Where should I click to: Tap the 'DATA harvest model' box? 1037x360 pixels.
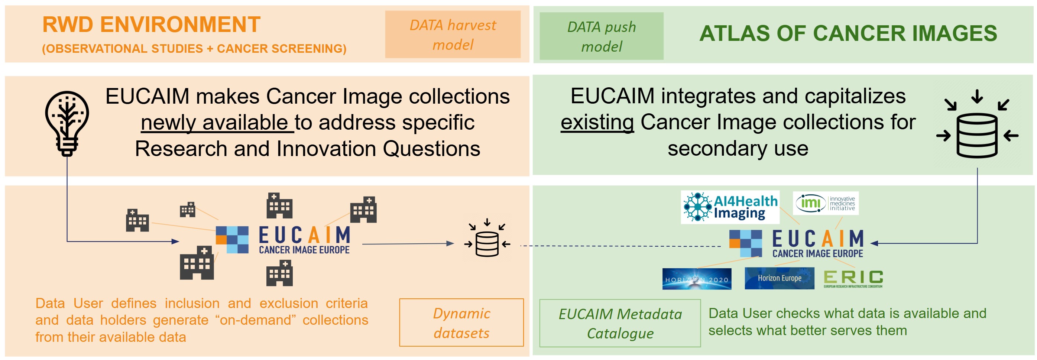coord(453,35)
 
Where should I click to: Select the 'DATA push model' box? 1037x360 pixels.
coord(601,36)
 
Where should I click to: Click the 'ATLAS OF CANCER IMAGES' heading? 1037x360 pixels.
coord(848,33)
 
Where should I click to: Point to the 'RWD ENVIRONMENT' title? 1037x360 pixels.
coord(151,25)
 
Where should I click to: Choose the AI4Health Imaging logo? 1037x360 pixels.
coord(730,207)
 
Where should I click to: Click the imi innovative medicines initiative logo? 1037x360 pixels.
coord(825,203)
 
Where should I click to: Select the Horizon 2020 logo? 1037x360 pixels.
coord(696,279)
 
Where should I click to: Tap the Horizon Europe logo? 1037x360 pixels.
coord(779,278)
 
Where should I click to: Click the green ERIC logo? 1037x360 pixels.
coord(853,278)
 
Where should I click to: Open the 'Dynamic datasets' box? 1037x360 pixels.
coord(461,322)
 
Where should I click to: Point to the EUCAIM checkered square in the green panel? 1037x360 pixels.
coord(746,243)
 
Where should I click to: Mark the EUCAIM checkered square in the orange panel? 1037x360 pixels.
coord(232,240)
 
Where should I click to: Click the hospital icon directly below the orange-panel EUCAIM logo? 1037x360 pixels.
coord(279,273)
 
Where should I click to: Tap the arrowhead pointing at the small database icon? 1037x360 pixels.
coord(450,243)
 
